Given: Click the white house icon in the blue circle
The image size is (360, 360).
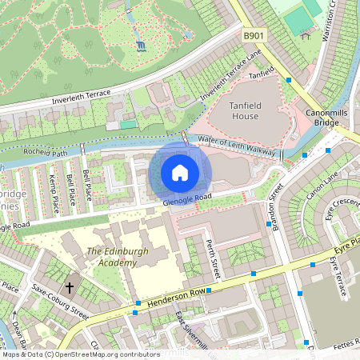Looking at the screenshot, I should [180, 172].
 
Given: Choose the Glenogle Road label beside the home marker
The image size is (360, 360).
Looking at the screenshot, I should [186, 200].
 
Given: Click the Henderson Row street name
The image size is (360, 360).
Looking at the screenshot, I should [172, 297].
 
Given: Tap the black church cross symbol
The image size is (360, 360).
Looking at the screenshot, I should [69, 286].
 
